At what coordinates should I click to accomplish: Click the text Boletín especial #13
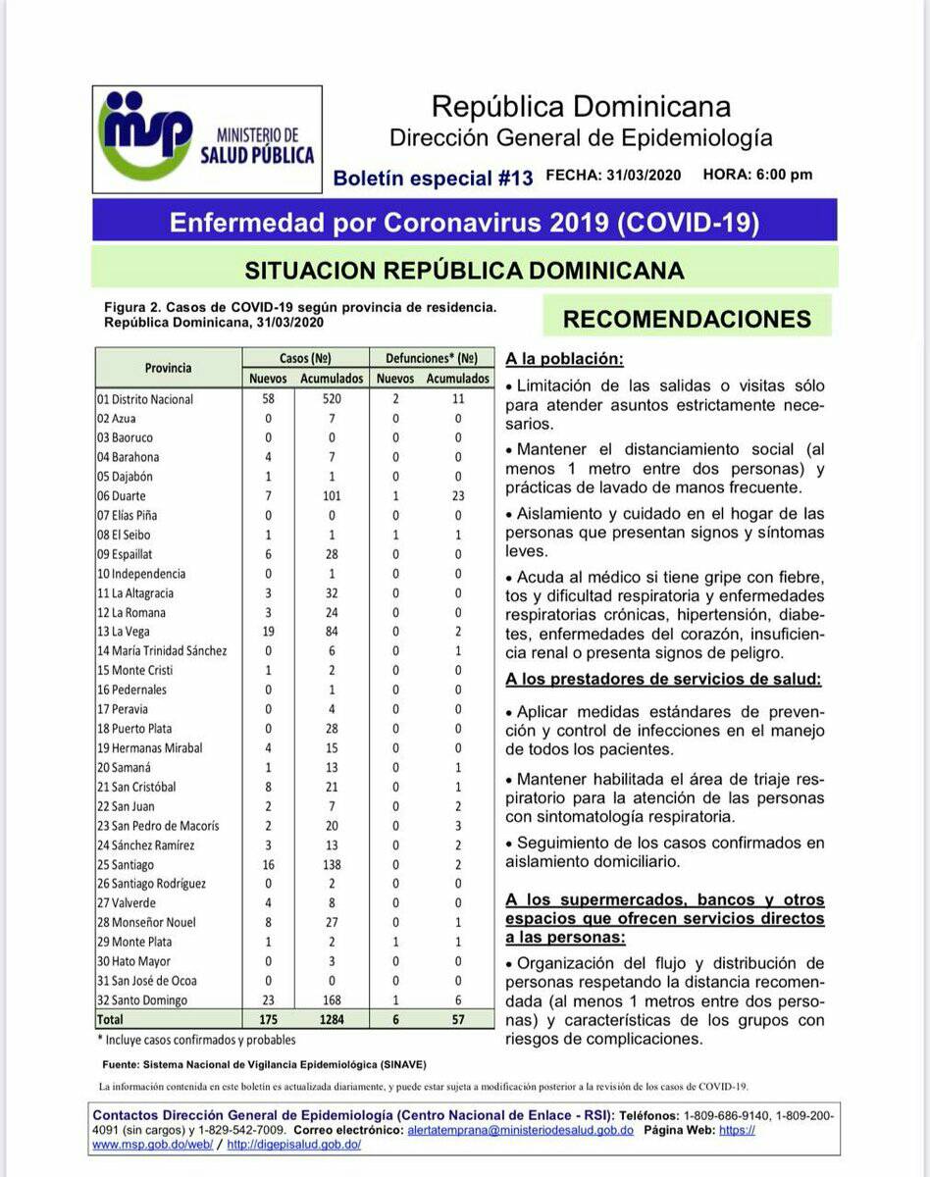[433, 179]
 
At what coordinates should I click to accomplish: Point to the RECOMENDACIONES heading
[687, 319]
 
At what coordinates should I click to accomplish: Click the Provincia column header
[169, 368]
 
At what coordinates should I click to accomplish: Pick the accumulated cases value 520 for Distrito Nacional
[332, 399]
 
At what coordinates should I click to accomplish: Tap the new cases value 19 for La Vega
[269, 632]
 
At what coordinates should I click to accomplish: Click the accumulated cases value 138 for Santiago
[332, 864]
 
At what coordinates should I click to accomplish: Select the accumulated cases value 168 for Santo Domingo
[332, 1000]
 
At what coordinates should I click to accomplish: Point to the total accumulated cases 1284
[332, 1020]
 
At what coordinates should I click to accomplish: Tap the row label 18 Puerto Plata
[136, 729]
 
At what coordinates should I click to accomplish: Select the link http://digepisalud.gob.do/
[294, 1145]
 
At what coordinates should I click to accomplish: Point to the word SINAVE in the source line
[402, 1064]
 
